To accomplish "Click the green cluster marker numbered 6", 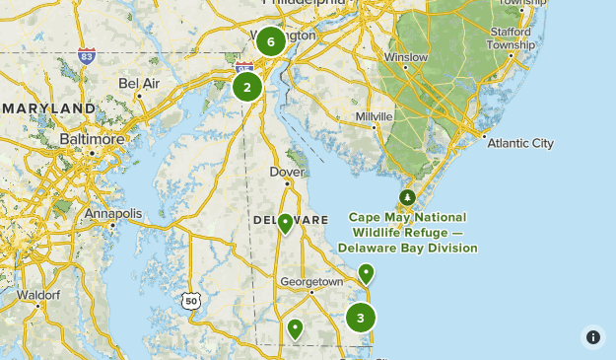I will pyautogui.click(x=270, y=42).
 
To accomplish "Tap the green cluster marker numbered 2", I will pyautogui.click(x=246, y=87).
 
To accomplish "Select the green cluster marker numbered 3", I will pyautogui.click(x=361, y=318).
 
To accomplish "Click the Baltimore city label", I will pyautogui.click(x=94, y=139).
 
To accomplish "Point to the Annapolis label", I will pyautogui.click(x=113, y=213).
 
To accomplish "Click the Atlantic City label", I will pyautogui.click(x=522, y=143).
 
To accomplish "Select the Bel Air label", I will pyautogui.click(x=138, y=84).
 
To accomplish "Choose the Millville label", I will pyautogui.click(x=374, y=116).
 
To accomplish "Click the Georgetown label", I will pyautogui.click(x=311, y=281).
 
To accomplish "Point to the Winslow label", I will pyautogui.click(x=406, y=57).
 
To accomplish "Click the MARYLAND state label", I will pyautogui.click(x=47, y=108).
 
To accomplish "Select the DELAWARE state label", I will pyautogui.click(x=290, y=219).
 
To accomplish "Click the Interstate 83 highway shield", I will pyautogui.click(x=88, y=54).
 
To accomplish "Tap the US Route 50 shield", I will pyautogui.click(x=190, y=299).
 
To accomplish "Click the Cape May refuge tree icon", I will pyautogui.click(x=407, y=197).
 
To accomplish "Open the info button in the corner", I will pyautogui.click(x=592, y=337).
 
